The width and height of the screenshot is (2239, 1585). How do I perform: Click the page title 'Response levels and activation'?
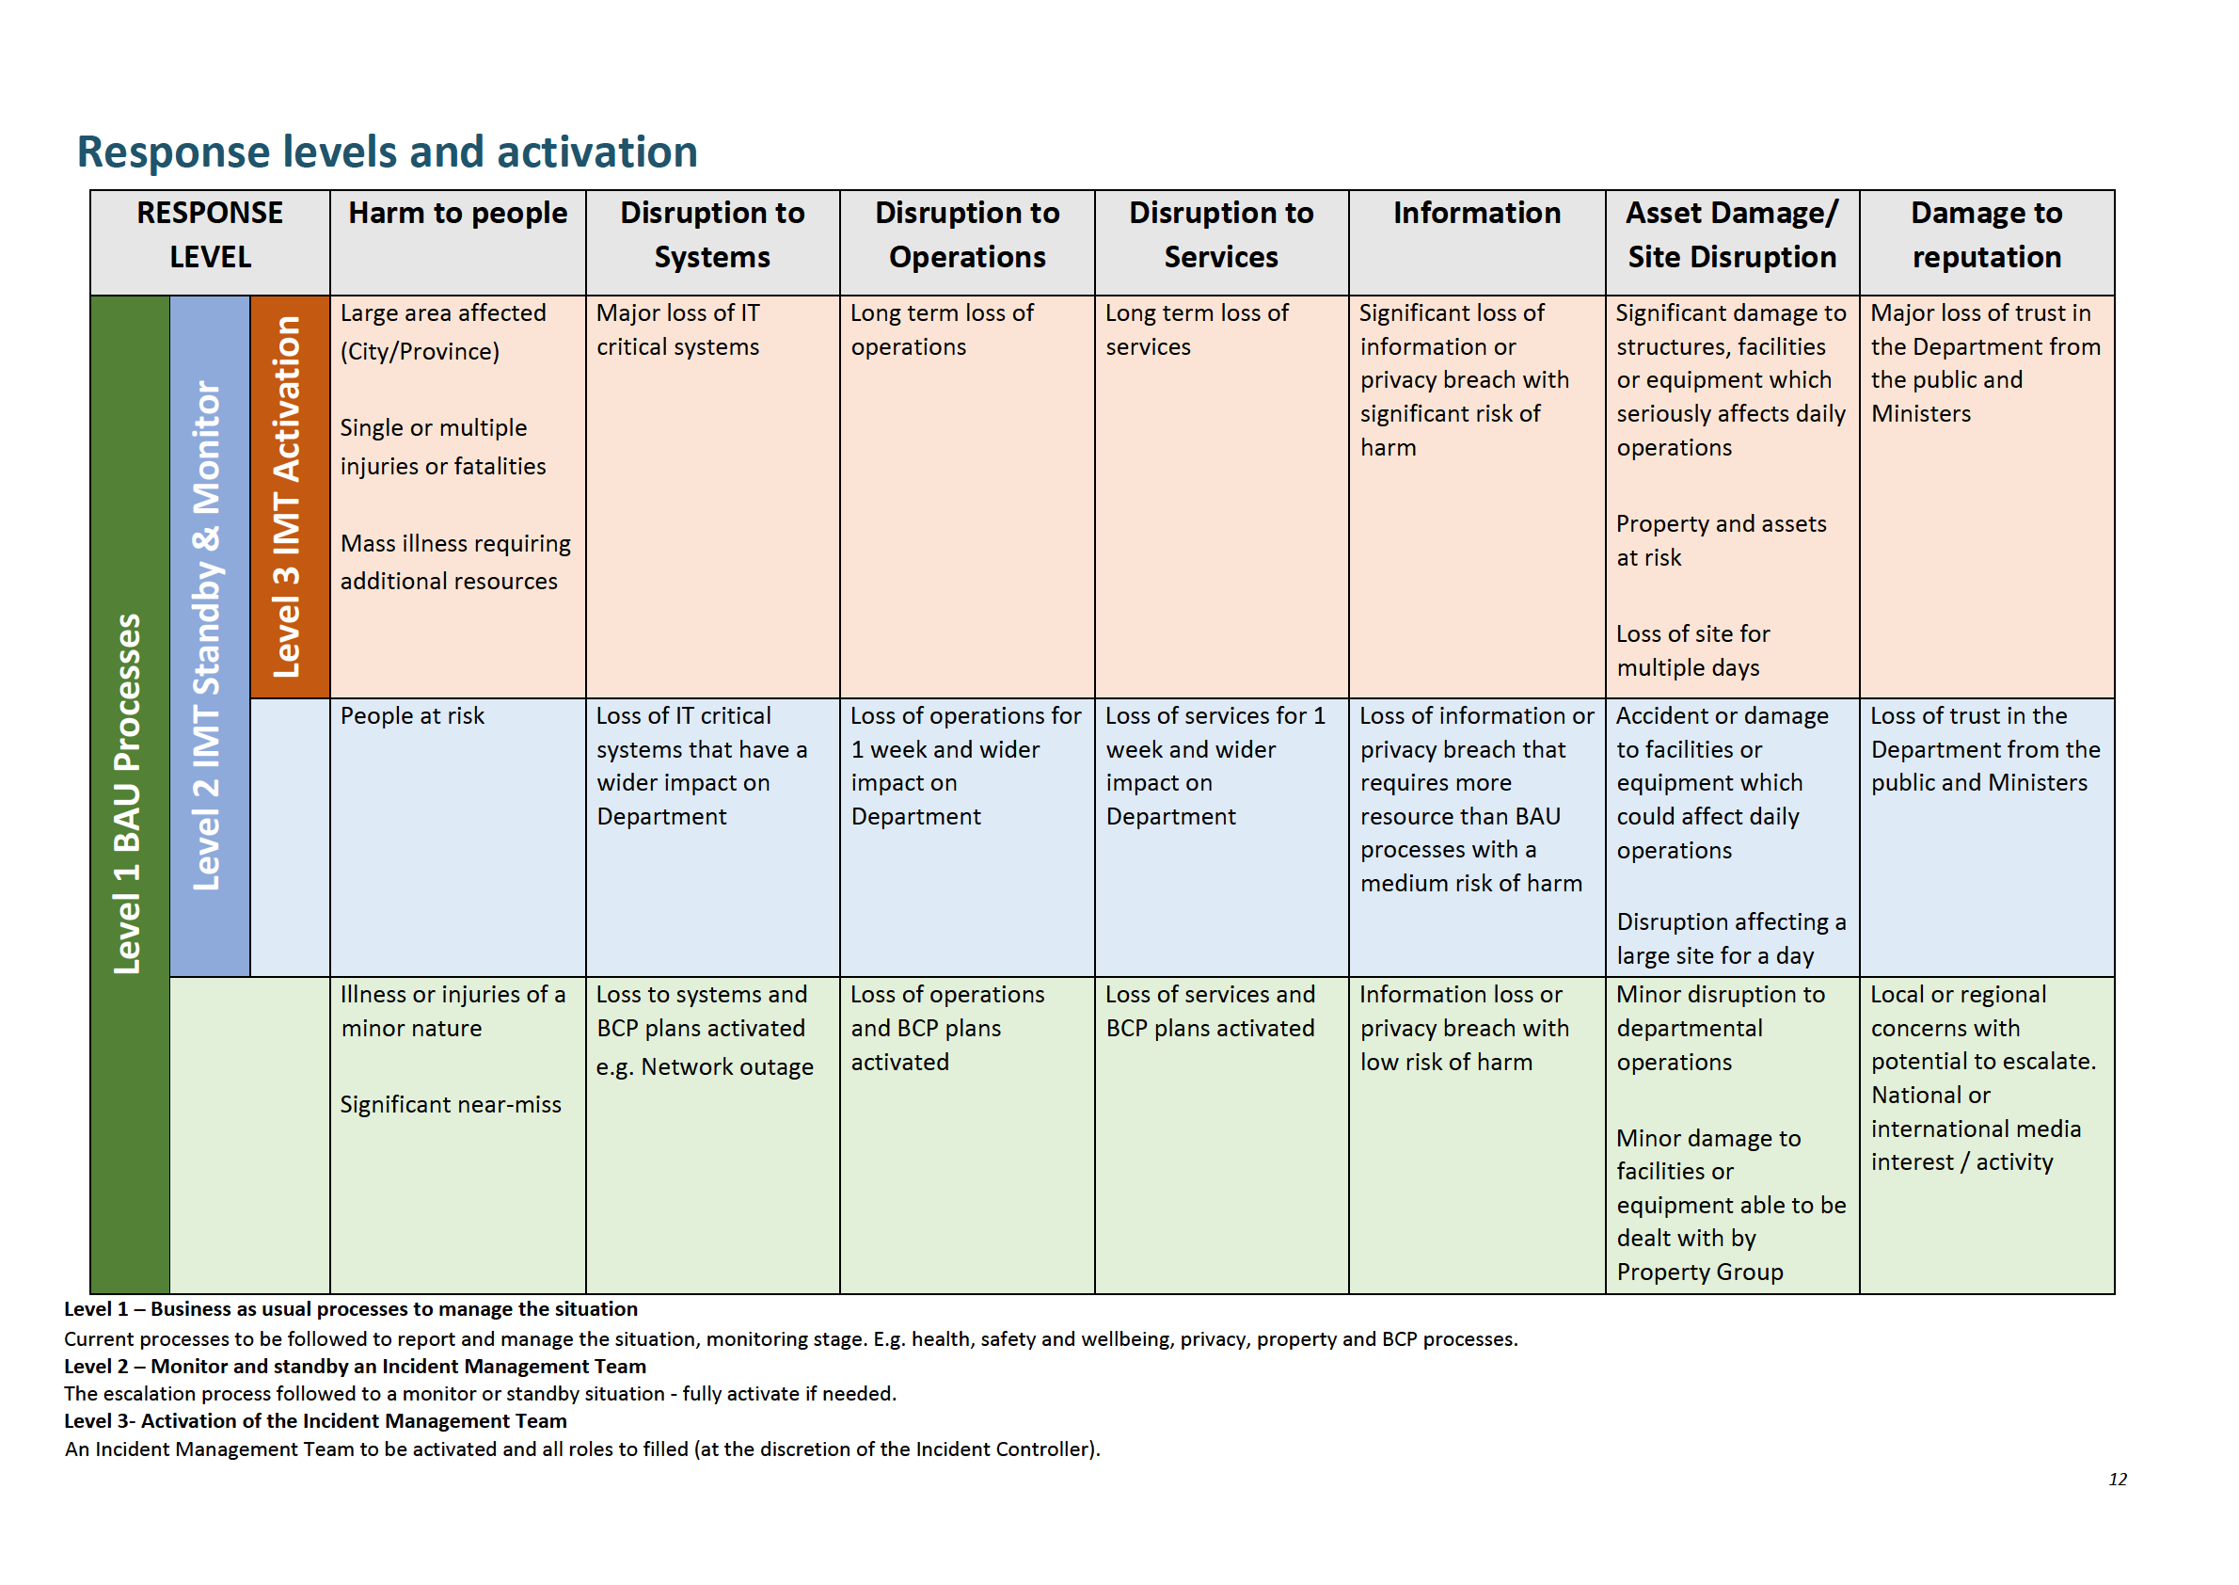pos(388,152)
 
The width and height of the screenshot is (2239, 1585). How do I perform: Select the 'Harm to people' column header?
pos(457,214)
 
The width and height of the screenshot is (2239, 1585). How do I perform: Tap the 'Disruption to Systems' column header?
pos(712,235)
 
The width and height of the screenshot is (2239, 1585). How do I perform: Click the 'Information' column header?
pos(1476,214)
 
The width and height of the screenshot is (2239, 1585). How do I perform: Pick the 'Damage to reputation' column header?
pos(1985,235)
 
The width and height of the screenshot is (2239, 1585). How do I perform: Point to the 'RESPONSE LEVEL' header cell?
pos(210,235)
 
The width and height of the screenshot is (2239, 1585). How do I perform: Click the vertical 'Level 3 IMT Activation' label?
pos(287,497)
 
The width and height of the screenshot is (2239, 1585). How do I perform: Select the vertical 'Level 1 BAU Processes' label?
pos(128,792)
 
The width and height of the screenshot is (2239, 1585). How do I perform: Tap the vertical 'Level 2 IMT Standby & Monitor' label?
pos(207,634)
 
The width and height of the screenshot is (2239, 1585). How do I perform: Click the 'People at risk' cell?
pos(412,716)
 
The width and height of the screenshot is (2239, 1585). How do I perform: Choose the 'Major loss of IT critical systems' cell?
pos(678,329)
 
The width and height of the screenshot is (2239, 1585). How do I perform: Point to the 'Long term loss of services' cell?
pos(1196,329)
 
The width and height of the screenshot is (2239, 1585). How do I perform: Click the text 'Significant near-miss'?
pos(451,1105)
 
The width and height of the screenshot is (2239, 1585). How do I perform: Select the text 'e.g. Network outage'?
pos(705,1066)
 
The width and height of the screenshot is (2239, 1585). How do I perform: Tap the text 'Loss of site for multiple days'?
pos(1692,651)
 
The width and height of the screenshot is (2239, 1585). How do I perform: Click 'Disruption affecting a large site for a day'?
pos(1730,939)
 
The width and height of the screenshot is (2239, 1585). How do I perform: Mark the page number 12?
pos(2117,1480)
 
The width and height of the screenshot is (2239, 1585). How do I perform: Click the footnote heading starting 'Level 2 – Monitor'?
pos(355,1367)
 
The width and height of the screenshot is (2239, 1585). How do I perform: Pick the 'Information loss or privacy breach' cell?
pos(1464,1028)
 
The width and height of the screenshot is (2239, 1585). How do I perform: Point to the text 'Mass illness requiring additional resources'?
pos(455,562)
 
